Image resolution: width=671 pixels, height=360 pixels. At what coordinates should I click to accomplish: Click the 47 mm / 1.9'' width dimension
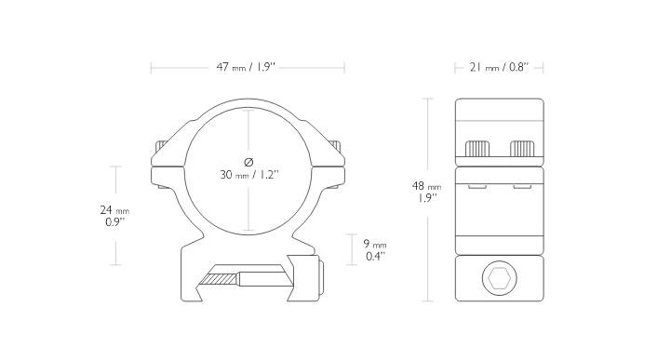(x=246, y=67)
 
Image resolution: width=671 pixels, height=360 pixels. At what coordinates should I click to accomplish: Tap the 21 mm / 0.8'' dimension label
(x=499, y=67)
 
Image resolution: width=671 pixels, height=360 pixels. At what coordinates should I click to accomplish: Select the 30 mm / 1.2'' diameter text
(x=249, y=175)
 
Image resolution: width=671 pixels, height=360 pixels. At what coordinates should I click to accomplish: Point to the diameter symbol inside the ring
(x=248, y=162)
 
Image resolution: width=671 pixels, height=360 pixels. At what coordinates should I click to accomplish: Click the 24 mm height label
(x=114, y=210)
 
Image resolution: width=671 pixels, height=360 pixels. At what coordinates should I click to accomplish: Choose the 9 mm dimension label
(x=375, y=244)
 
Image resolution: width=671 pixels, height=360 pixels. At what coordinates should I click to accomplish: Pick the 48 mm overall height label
(x=426, y=186)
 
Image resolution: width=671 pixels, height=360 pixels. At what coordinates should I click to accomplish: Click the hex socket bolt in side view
(x=500, y=278)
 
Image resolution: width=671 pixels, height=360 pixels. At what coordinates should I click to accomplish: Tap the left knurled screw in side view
(x=477, y=149)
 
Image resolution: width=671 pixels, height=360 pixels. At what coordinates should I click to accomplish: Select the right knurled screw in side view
(x=522, y=149)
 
